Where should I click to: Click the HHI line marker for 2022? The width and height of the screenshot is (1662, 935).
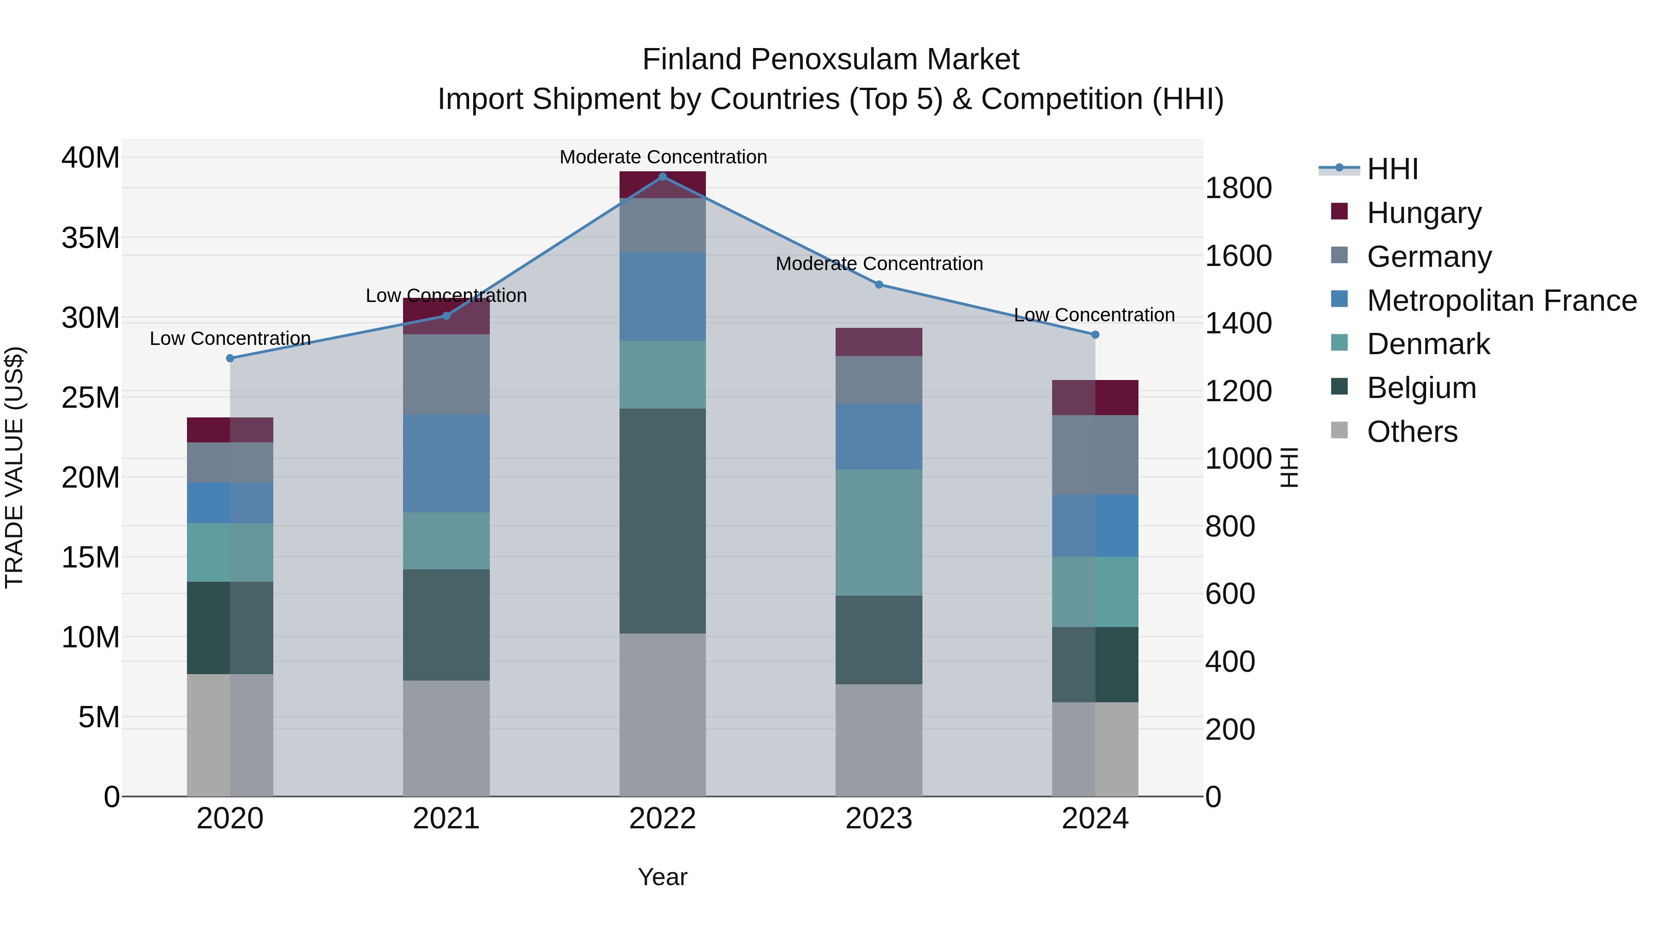(662, 176)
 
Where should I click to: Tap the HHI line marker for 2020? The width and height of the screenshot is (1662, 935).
(230, 358)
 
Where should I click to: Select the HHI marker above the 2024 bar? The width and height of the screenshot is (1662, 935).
(1095, 334)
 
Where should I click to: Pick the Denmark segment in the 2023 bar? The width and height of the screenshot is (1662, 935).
(879, 532)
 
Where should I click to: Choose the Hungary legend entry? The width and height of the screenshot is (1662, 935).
(1424, 212)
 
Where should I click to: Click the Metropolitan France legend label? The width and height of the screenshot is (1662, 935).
(1501, 300)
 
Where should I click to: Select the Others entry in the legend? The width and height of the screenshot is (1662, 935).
(1412, 431)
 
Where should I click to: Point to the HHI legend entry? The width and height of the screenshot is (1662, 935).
(1391, 169)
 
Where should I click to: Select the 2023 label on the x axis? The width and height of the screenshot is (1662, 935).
(879, 818)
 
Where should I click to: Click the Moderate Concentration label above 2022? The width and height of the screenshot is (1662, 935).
(662, 157)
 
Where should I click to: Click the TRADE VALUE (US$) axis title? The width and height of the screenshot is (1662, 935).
(14, 467)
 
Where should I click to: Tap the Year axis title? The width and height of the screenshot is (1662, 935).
(662, 877)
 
